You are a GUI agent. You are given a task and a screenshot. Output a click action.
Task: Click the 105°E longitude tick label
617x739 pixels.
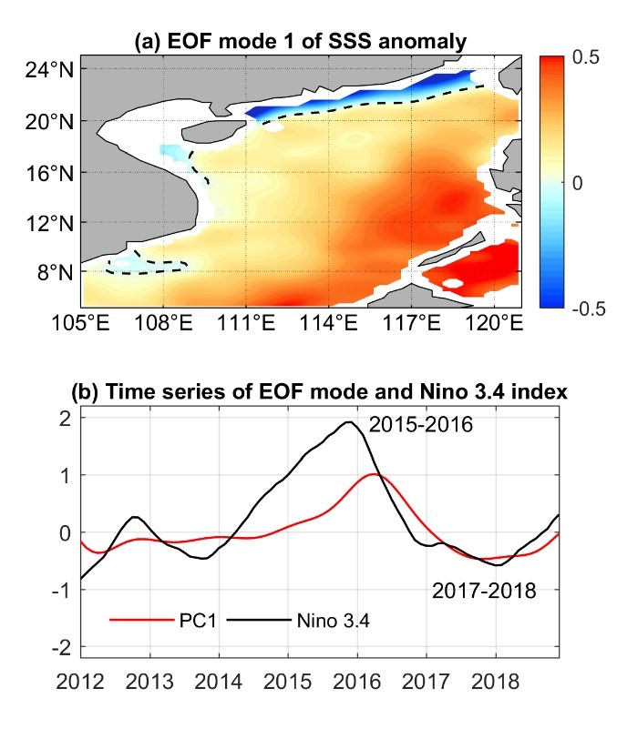pos(81,323)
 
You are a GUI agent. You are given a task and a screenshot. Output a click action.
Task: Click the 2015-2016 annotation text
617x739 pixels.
pos(422,423)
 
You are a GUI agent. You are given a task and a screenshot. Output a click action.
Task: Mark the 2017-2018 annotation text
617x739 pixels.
pos(483,592)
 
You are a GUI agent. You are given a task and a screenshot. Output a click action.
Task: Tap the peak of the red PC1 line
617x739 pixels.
pos(374,474)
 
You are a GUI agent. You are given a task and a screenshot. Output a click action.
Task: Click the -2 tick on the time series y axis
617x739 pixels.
pos(65,647)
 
